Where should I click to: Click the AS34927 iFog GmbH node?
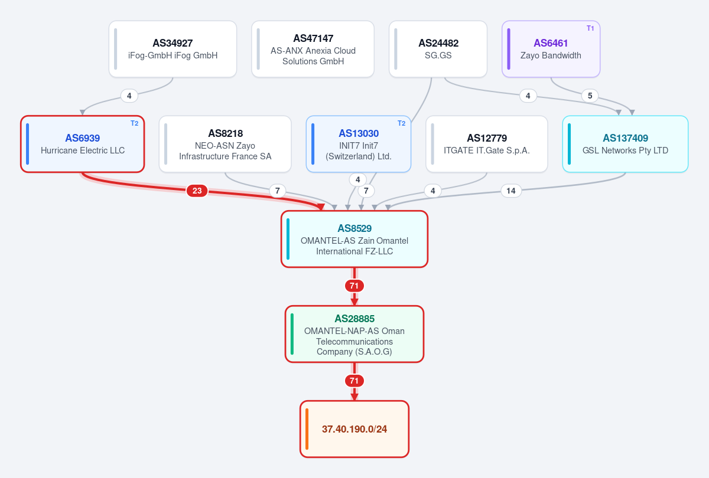[x=173, y=49]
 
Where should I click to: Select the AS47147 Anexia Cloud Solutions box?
[x=313, y=49]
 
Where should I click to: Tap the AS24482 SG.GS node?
[x=438, y=49]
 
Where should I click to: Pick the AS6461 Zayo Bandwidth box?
[x=551, y=49]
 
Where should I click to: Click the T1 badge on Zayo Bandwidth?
[x=590, y=28]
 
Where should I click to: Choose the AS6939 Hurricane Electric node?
[x=83, y=144]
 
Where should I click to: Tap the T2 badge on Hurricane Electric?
[x=135, y=123]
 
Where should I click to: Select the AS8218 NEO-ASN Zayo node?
[x=225, y=144]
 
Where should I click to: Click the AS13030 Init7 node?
[x=359, y=144]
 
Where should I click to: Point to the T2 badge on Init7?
[x=402, y=123]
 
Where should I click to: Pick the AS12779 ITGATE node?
[x=487, y=144]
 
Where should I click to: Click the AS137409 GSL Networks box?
[x=626, y=144]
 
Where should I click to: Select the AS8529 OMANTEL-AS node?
[x=354, y=240]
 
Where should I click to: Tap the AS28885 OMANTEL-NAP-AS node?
[x=354, y=334]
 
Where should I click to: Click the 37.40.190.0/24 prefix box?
[x=354, y=429]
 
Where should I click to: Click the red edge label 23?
[x=197, y=191]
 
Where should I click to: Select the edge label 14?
[x=511, y=191]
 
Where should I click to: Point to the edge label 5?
[x=590, y=96]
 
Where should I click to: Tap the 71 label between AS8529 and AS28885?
[x=354, y=286]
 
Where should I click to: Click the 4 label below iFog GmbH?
[x=129, y=96]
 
